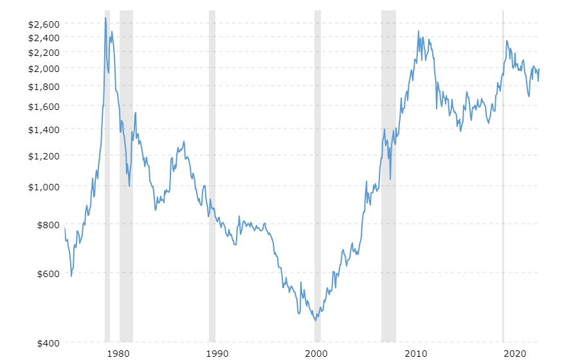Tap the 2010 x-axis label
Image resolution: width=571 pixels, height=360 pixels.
coord(416,353)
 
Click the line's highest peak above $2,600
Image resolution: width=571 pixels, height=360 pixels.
coord(105,17)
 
